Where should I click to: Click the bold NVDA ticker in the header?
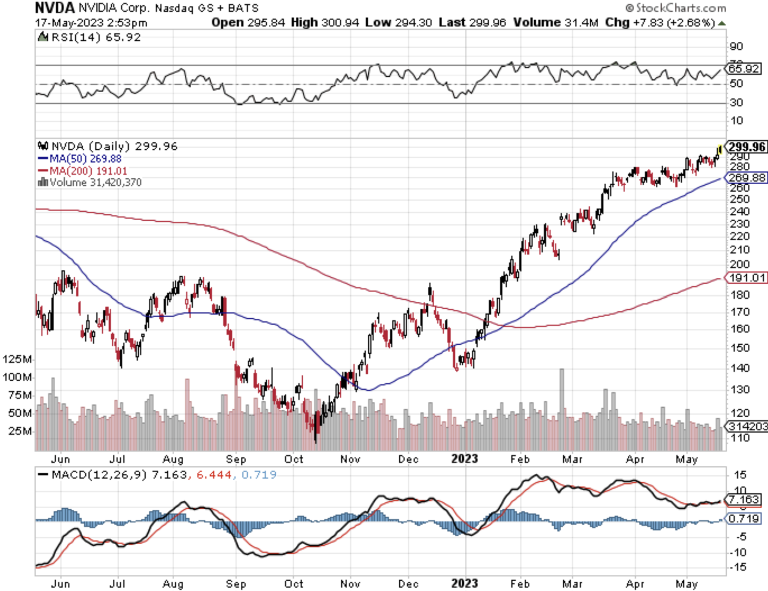[x=54, y=8]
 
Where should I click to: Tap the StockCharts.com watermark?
[x=675, y=8]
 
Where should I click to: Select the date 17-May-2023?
[x=69, y=23]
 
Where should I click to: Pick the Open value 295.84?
[x=266, y=23]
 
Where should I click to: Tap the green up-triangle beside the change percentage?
[x=722, y=23]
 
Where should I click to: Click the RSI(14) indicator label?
[x=96, y=37]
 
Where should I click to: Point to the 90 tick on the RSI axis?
[x=736, y=47]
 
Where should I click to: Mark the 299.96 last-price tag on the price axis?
[x=747, y=147]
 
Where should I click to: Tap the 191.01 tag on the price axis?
[x=747, y=278]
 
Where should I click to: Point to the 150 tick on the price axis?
[x=739, y=348]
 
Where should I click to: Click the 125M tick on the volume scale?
[x=17, y=359]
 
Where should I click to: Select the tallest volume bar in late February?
[x=562, y=409]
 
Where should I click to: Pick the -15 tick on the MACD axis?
[x=739, y=567]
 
